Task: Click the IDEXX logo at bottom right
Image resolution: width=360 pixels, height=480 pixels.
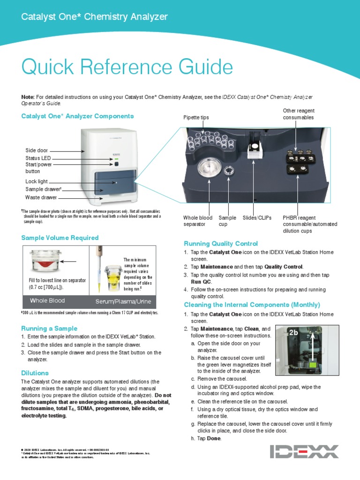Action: (304, 451)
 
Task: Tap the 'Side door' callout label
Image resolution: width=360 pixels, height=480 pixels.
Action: (37, 150)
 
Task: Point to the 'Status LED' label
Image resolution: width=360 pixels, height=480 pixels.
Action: (38, 158)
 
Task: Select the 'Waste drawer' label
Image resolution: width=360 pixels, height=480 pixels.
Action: (41, 198)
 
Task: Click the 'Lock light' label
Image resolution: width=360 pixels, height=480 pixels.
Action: (37, 181)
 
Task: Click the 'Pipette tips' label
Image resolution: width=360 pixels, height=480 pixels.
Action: (196, 118)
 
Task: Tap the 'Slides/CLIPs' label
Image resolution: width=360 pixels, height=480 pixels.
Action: (257, 218)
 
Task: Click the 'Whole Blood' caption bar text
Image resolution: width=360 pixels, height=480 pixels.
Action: (47, 300)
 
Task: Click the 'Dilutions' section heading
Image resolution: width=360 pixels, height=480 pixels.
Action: (35, 373)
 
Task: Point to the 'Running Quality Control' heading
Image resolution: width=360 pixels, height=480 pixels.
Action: (221, 243)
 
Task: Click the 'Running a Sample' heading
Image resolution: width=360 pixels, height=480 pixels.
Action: (49, 328)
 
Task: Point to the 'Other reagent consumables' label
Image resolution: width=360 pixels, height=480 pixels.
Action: (298, 114)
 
